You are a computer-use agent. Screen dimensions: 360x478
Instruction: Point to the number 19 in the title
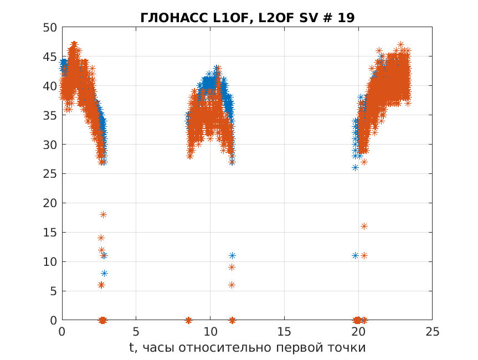pos(346,18)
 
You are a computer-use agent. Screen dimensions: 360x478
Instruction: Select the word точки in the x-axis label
pos(347,348)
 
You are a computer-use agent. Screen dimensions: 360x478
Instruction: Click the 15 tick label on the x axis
pos(285,332)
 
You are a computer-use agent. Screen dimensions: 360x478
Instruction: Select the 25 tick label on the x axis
pos(433,332)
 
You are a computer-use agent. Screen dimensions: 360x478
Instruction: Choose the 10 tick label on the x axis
pos(210,332)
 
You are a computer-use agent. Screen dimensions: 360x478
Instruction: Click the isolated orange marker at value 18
pos(103,214)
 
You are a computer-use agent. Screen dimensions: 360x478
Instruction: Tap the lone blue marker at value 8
pos(104,273)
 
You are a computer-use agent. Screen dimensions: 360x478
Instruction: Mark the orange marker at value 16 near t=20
pos(364,226)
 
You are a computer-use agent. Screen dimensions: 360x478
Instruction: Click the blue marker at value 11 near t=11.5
pos(232,255)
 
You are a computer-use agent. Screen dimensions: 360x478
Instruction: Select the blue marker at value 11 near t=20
pos(355,255)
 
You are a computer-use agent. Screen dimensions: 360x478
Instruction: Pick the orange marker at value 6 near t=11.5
pos(232,285)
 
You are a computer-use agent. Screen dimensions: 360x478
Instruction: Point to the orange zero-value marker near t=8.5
pos(188,320)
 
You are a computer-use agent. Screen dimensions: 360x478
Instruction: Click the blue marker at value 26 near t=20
pos(355,167)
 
